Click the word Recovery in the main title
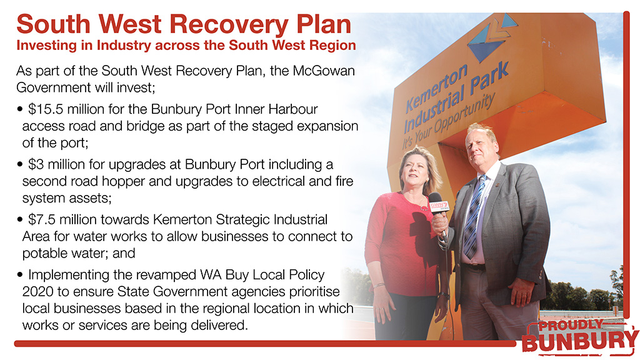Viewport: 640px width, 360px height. click(x=229, y=25)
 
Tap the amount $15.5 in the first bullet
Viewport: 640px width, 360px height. click(x=46, y=109)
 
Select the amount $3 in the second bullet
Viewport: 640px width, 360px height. click(x=36, y=164)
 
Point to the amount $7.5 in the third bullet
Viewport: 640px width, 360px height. click(x=42, y=219)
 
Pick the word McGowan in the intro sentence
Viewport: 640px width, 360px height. click(x=324, y=71)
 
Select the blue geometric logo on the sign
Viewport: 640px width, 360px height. click(x=491, y=38)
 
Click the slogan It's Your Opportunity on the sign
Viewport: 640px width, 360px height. click(x=448, y=121)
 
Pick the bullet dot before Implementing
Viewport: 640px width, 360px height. click(x=19, y=275)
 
